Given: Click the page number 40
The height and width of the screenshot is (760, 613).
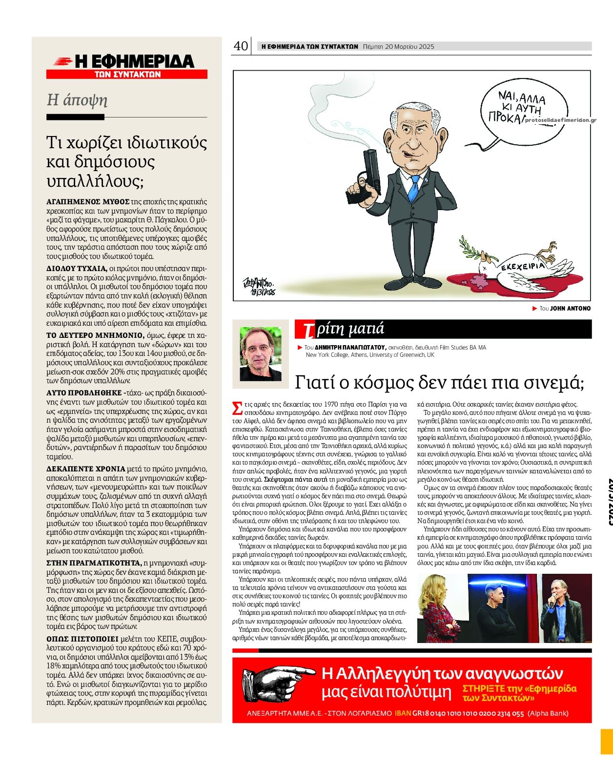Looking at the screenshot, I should (241, 46).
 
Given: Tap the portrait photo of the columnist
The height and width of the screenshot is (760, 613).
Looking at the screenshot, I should (261, 353).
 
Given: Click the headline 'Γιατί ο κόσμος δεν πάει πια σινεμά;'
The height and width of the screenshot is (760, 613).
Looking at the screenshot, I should (439, 383).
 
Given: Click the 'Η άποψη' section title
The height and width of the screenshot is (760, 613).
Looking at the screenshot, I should (77, 100).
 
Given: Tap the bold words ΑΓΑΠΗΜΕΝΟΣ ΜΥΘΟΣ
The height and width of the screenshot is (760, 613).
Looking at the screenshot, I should (88, 201).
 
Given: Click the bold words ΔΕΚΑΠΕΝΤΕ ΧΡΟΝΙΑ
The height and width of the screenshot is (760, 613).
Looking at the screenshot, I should (86, 469).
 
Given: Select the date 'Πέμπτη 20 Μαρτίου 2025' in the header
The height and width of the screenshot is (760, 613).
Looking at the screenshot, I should (399, 47).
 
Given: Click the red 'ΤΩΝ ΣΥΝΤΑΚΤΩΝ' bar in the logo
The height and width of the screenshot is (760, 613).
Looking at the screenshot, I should (127, 75).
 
